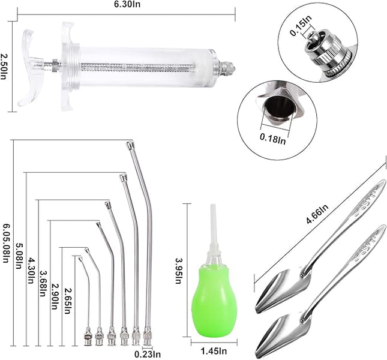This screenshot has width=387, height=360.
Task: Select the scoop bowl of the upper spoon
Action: point(280,288)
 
